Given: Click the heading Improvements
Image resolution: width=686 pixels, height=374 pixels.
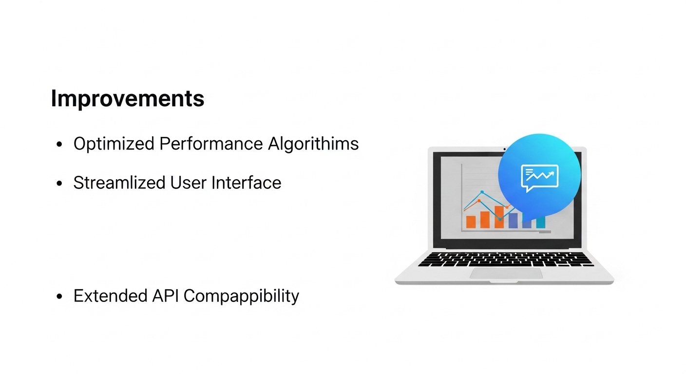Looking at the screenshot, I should [x=127, y=99].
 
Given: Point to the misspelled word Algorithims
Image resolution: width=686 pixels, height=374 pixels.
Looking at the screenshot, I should [x=313, y=144].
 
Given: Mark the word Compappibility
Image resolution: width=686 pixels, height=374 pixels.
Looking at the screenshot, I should [x=242, y=296].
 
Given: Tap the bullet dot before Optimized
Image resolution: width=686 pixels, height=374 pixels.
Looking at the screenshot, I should [x=59, y=145].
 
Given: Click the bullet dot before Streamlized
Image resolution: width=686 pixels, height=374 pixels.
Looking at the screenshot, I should [x=59, y=184].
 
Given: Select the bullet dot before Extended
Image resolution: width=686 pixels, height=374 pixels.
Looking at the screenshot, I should [x=59, y=297].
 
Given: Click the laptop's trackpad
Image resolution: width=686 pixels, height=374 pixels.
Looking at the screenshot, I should [x=506, y=273].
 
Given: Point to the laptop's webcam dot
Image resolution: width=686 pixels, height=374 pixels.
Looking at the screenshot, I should [x=504, y=149].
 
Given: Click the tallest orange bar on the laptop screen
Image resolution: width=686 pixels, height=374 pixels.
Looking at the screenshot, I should [x=499, y=217].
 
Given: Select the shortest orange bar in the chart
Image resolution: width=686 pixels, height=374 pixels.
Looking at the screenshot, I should [x=471, y=222].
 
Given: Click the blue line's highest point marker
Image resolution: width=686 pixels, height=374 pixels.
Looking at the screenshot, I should [x=482, y=192].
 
